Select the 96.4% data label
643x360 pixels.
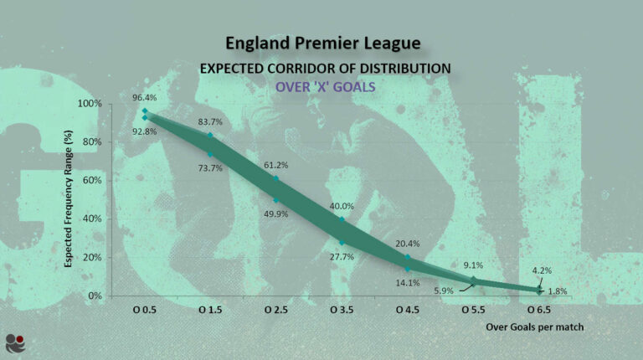145,98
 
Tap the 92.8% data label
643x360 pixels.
145,131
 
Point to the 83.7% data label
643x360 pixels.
210,121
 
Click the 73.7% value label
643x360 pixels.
210,168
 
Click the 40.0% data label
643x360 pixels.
342,206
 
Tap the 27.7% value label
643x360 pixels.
342,257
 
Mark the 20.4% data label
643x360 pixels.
407,244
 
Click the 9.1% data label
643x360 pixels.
473,265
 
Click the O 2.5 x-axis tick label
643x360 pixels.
275,311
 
